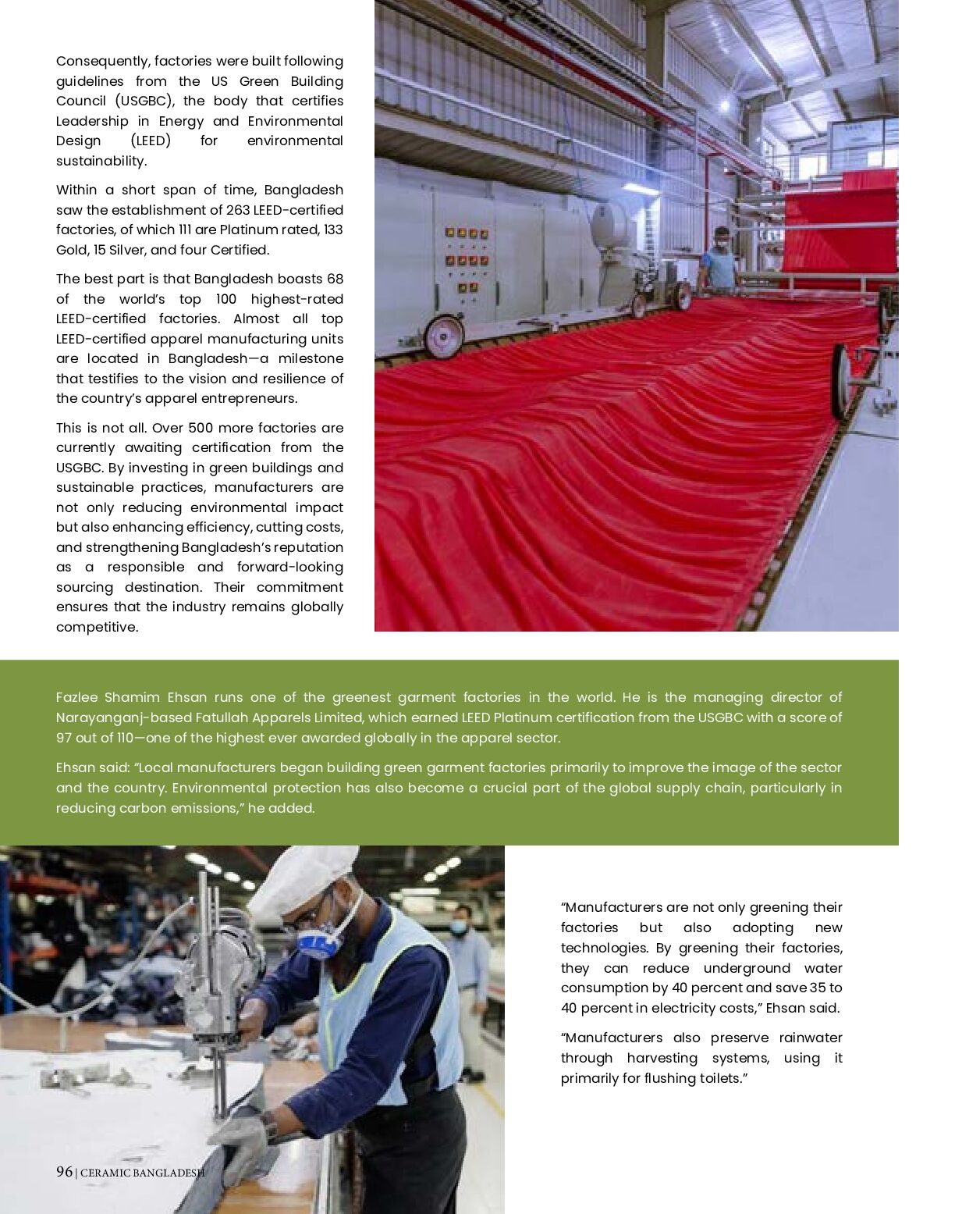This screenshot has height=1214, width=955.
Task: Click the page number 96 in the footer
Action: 64,1172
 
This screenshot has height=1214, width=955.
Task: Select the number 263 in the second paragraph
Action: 238,210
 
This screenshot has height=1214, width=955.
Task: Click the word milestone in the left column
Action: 311,358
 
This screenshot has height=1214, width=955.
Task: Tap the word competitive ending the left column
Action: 96,627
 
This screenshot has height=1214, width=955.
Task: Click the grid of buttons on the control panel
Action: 467,262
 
